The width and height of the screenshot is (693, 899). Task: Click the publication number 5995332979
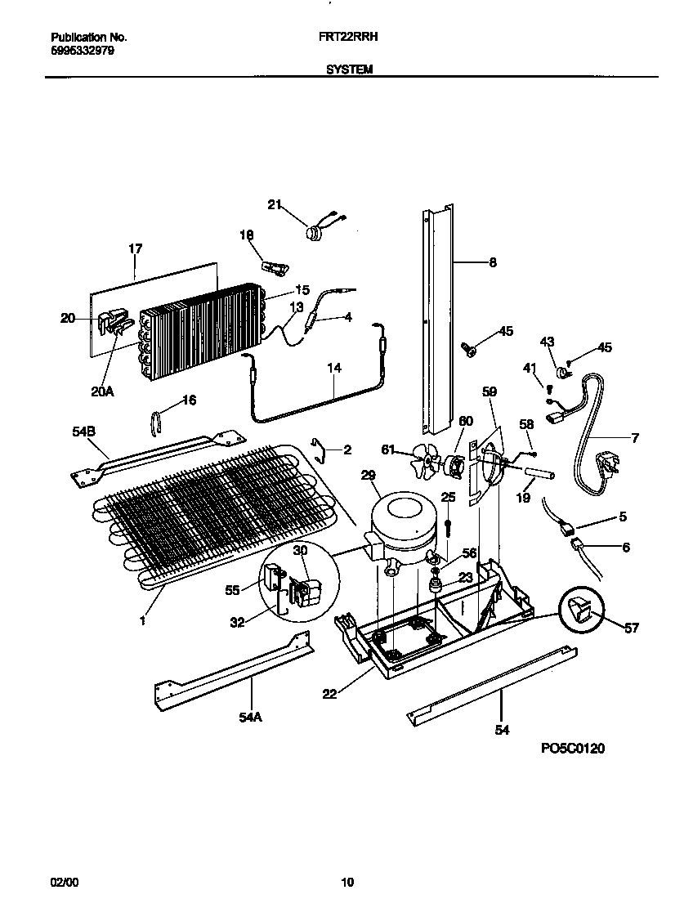tap(82, 51)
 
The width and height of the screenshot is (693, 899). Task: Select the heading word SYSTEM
tap(350, 70)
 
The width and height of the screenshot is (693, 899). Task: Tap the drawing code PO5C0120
tap(572, 748)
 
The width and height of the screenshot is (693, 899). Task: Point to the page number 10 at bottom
tap(347, 882)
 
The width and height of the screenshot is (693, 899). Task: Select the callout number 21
tap(275, 204)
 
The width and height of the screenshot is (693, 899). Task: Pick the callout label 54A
tap(251, 717)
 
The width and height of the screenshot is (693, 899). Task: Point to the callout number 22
tap(329, 694)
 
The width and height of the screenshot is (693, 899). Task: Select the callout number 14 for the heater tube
tap(333, 369)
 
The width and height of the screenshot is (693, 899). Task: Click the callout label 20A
tap(102, 391)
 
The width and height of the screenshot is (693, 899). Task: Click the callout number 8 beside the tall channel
tap(492, 262)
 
